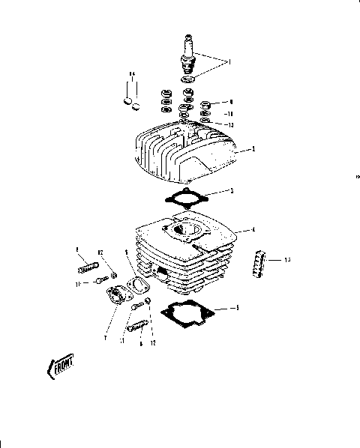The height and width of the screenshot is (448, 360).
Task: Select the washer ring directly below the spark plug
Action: (186, 78)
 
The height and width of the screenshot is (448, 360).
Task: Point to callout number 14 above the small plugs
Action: (130, 74)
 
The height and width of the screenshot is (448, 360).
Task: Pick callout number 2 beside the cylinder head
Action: (254, 150)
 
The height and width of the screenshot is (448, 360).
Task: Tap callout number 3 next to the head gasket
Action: (232, 192)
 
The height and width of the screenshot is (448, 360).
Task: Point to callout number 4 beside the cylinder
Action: (254, 229)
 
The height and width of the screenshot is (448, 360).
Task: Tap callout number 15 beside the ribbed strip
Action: (288, 260)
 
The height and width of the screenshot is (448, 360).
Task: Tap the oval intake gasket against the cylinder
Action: (137, 284)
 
